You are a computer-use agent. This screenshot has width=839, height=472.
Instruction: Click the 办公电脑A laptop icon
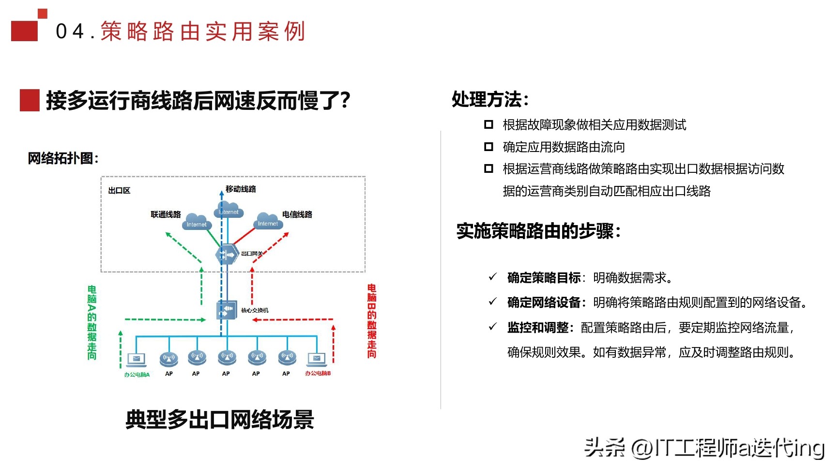(x=136, y=360)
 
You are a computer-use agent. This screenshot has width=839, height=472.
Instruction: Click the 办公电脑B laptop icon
(x=317, y=359)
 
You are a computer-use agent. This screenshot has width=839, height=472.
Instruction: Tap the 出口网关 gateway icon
(x=227, y=254)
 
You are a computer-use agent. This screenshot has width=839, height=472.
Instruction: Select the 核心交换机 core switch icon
(x=227, y=309)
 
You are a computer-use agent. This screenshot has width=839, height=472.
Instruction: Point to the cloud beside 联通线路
(x=196, y=222)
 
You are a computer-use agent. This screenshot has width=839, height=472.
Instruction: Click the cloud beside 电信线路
(x=268, y=221)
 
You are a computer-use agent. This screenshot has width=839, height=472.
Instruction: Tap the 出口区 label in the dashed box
(x=119, y=191)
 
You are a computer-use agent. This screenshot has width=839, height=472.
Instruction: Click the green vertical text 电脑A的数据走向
(x=92, y=322)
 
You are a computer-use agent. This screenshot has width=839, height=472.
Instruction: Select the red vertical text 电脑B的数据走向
(x=371, y=321)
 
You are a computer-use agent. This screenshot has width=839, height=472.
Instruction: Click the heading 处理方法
(x=489, y=100)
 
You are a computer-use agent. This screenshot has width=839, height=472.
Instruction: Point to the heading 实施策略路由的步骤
(x=538, y=231)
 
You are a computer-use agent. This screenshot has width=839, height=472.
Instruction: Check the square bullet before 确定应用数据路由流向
(x=488, y=147)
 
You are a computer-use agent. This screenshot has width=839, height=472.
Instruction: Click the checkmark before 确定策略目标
(x=493, y=277)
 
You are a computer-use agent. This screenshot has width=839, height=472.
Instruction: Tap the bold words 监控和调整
(x=538, y=328)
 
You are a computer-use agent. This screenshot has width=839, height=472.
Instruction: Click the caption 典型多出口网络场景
(x=220, y=419)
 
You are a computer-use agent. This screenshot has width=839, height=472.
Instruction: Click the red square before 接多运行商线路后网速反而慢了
(x=29, y=100)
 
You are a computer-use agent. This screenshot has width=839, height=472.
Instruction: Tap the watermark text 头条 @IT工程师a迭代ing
(x=704, y=448)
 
